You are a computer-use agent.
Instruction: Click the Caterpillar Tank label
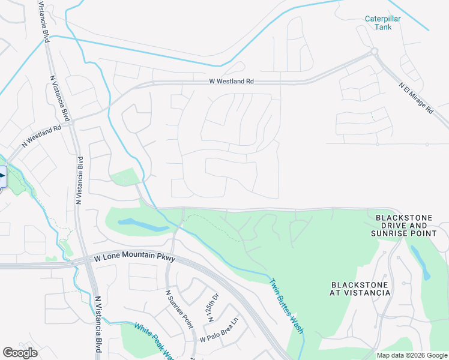[383, 23]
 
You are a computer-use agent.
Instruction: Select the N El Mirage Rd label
[416, 98]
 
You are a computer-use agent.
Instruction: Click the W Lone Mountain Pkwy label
[134, 258]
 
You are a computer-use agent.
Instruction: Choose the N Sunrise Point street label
[179, 309]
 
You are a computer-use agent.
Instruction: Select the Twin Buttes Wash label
[286, 306]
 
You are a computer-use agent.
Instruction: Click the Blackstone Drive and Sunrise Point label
[409, 225]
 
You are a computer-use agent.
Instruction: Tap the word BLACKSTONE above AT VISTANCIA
[361, 284]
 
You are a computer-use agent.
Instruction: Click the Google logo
[20, 353]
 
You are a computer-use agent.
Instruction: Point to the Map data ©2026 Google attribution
[412, 355]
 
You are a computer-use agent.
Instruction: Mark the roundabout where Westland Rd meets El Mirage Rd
[375, 53]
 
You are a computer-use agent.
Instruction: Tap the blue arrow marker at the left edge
[2, 176]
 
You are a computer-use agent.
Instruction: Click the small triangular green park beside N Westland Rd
[125, 178]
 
